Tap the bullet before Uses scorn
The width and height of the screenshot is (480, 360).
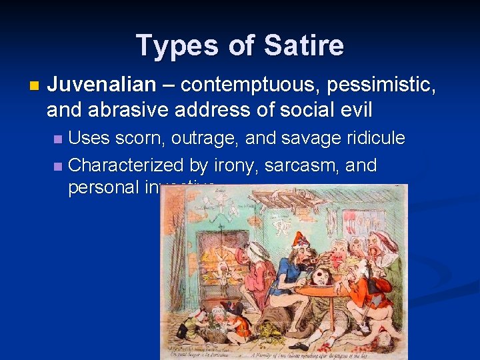click(x=58, y=139)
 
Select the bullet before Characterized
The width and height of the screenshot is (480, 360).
click(x=58, y=165)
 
